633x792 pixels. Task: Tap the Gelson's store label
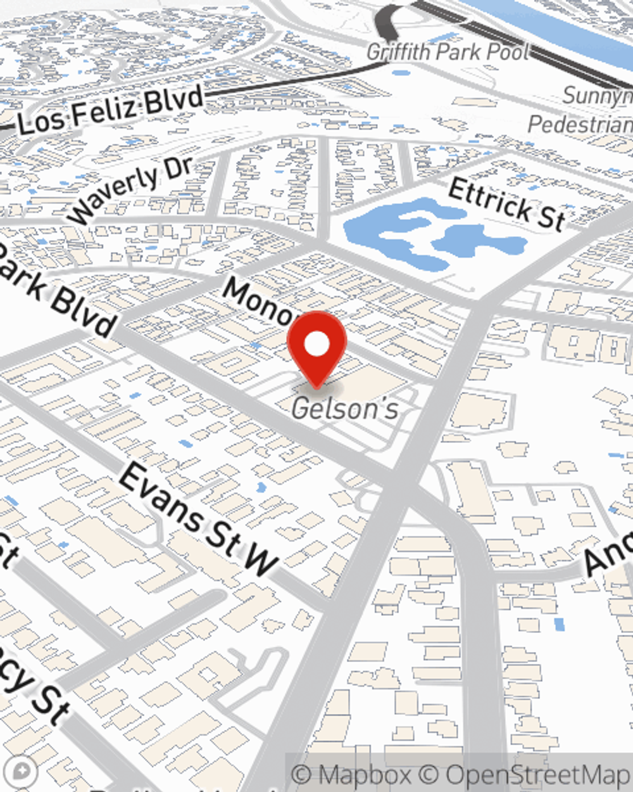point(345,409)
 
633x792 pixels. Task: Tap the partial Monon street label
point(260,300)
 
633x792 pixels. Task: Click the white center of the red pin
point(316,345)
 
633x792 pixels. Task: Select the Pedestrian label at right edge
point(580,124)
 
